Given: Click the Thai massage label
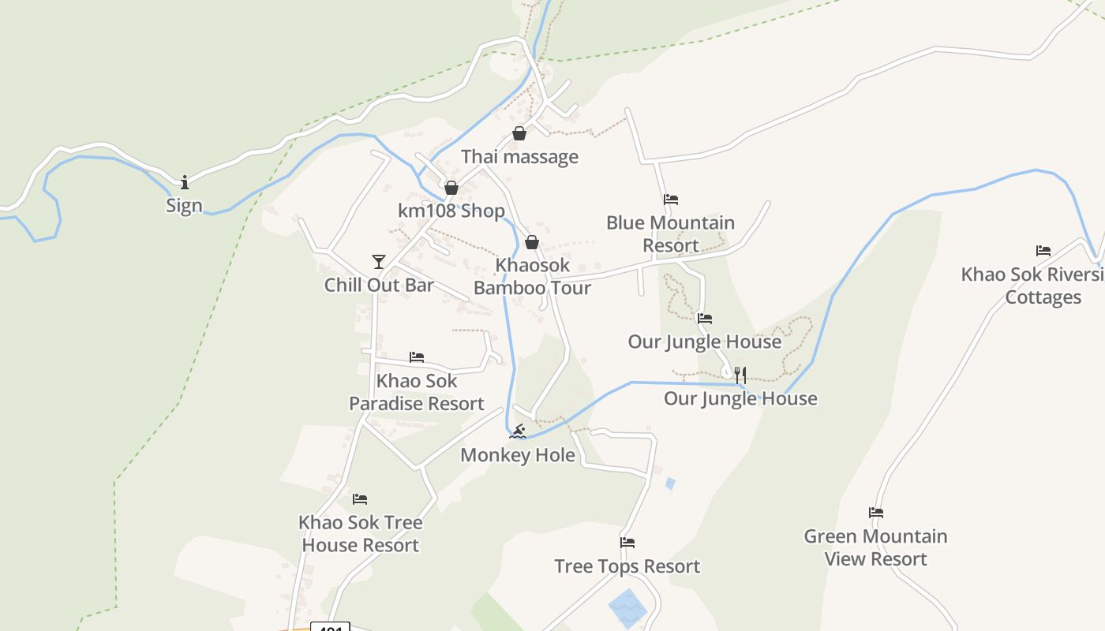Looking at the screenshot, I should point(519,157).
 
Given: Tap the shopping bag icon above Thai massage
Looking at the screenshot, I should point(519,133).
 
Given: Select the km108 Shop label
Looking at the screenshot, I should point(451,211).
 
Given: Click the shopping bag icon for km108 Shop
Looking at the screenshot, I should point(451,188).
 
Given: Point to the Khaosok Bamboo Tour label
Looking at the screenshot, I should point(532,277).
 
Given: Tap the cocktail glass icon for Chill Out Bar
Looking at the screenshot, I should point(379,261).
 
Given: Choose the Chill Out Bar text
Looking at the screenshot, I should point(379,285).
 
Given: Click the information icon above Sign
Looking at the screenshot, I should point(185,182).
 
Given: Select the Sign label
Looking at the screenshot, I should point(184,206).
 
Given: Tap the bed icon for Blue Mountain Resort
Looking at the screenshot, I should point(671,200).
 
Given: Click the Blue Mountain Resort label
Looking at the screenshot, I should point(671,234).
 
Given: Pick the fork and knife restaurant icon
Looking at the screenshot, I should point(740,375).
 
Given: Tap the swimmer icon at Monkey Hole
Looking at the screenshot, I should point(518,431).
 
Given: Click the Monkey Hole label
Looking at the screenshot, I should point(518,455).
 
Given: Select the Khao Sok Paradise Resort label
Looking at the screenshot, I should point(417,392).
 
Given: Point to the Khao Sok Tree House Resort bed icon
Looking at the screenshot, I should point(360,498).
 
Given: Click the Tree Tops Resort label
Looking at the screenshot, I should point(627,566).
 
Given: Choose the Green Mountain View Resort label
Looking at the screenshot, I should point(876,547).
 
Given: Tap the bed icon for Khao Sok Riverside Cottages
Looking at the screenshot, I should point(1043,251).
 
